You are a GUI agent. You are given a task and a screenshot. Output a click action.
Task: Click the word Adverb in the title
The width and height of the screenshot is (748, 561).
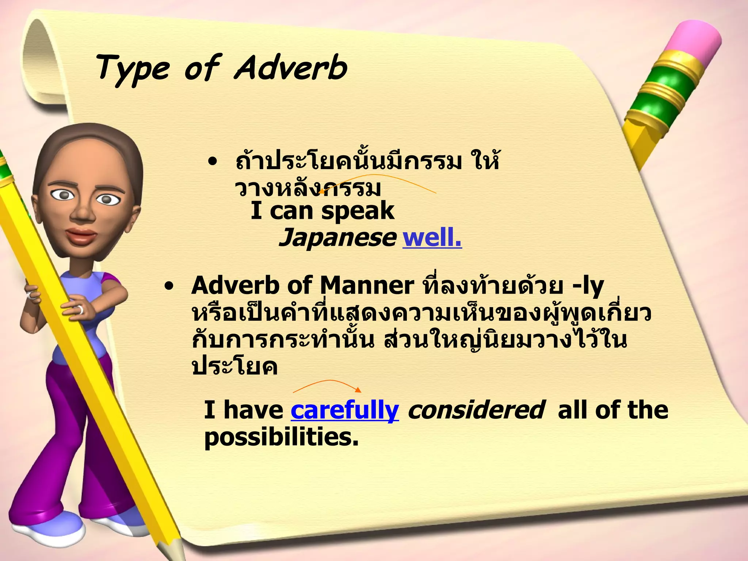(x=290, y=68)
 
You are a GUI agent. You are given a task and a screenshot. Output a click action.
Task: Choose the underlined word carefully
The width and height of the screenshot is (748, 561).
(x=344, y=410)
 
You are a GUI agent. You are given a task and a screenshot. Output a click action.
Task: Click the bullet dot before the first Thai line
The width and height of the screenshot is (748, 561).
(x=212, y=162)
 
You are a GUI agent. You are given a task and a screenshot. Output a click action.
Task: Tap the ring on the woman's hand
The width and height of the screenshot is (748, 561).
(x=80, y=310)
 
